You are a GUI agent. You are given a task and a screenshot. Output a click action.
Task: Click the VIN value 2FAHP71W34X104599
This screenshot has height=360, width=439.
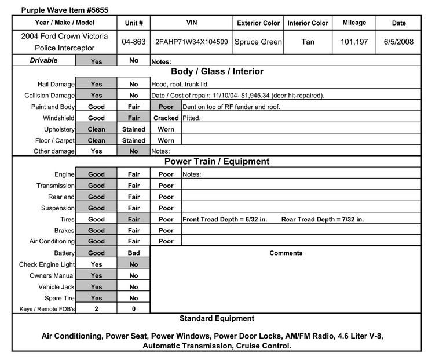click(x=191, y=42)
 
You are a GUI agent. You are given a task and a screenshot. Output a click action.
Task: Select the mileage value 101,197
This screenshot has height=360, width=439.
click(x=354, y=42)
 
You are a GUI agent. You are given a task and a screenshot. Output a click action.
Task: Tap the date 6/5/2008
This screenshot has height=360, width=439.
click(x=398, y=42)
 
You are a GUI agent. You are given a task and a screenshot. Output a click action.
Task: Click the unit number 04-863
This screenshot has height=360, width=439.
click(x=134, y=42)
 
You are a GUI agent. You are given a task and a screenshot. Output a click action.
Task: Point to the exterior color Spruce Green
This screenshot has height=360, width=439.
click(x=258, y=42)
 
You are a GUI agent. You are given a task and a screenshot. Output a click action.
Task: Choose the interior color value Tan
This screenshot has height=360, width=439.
click(x=308, y=42)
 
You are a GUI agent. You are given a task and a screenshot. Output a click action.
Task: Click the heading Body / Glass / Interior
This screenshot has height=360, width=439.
click(x=217, y=72)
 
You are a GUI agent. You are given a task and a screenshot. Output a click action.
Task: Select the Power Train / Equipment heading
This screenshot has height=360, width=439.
click(x=217, y=162)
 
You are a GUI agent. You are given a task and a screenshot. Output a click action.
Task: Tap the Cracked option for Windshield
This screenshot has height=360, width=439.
click(x=166, y=118)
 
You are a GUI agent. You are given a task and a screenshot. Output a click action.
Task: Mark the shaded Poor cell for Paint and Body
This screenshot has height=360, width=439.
click(x=166, y=107)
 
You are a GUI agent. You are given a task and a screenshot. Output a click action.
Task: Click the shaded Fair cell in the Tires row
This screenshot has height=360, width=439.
click(x=134, y=220)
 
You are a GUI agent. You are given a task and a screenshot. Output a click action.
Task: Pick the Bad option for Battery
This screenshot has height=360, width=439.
click(x=134, y=253)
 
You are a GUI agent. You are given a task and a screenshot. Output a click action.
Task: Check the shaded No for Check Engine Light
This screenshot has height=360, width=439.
click(x=134, y=264)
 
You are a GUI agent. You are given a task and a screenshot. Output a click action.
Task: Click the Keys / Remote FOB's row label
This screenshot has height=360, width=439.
click(x=44, y=310)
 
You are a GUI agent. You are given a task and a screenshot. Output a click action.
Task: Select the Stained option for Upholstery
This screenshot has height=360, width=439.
click(x=134, y=129)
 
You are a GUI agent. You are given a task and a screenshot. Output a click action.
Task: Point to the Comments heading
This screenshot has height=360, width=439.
click(x=286, y=253)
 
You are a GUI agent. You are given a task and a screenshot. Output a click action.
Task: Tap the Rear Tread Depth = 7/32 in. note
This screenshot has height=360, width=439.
click(x=322, y=220)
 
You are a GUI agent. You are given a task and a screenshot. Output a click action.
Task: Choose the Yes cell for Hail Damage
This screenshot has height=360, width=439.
click(x=96, y=84)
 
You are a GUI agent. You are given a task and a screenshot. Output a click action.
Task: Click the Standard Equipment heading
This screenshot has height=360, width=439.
click(x=217, y=318)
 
